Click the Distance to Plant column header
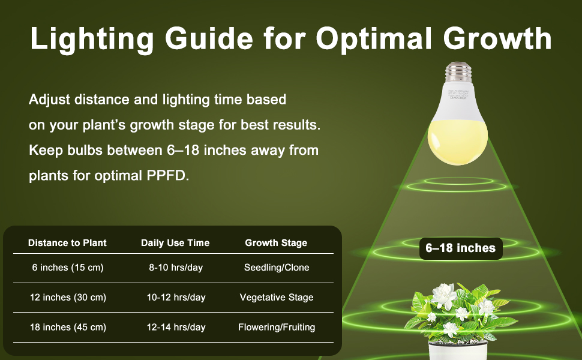coord(67,243)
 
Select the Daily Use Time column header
coord(175,243)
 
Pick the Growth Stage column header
coord(276,243)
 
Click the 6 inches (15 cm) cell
coord(67,268)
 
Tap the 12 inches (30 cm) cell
coord(68,298)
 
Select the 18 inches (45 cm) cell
coord(68,328)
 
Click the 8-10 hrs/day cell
coord(176,268)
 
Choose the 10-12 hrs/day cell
coord(176,298)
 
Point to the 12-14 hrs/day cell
coord(176,328)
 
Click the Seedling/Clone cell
coord(277,268)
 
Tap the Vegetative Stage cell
coord(277,298)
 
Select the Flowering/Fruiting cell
coord(277,328)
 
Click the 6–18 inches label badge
coord(461,248)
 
